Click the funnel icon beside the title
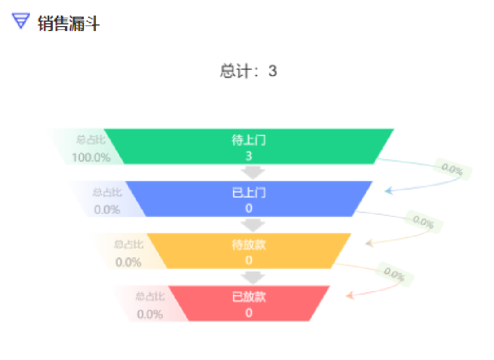point(21,22)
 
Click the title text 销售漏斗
point(68,23)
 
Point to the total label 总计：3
point(248,71)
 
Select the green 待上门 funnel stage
point(249,146)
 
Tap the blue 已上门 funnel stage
point(249,199)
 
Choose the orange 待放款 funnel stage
point(249,251)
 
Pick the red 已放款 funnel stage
point(249,303)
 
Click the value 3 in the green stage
point(249,156)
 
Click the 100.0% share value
point(91,157)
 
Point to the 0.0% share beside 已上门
point(107,210)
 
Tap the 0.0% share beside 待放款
point(128,262)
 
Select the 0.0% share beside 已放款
point(150,314)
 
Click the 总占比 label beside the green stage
point(91,140)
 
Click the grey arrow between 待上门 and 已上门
point(253,172)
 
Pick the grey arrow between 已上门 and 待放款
point(253,224)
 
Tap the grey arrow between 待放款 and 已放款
point(253,277)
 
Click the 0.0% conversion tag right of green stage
point(452,170)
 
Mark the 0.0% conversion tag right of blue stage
point(423,222)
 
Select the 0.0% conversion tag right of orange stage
point(394,274)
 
